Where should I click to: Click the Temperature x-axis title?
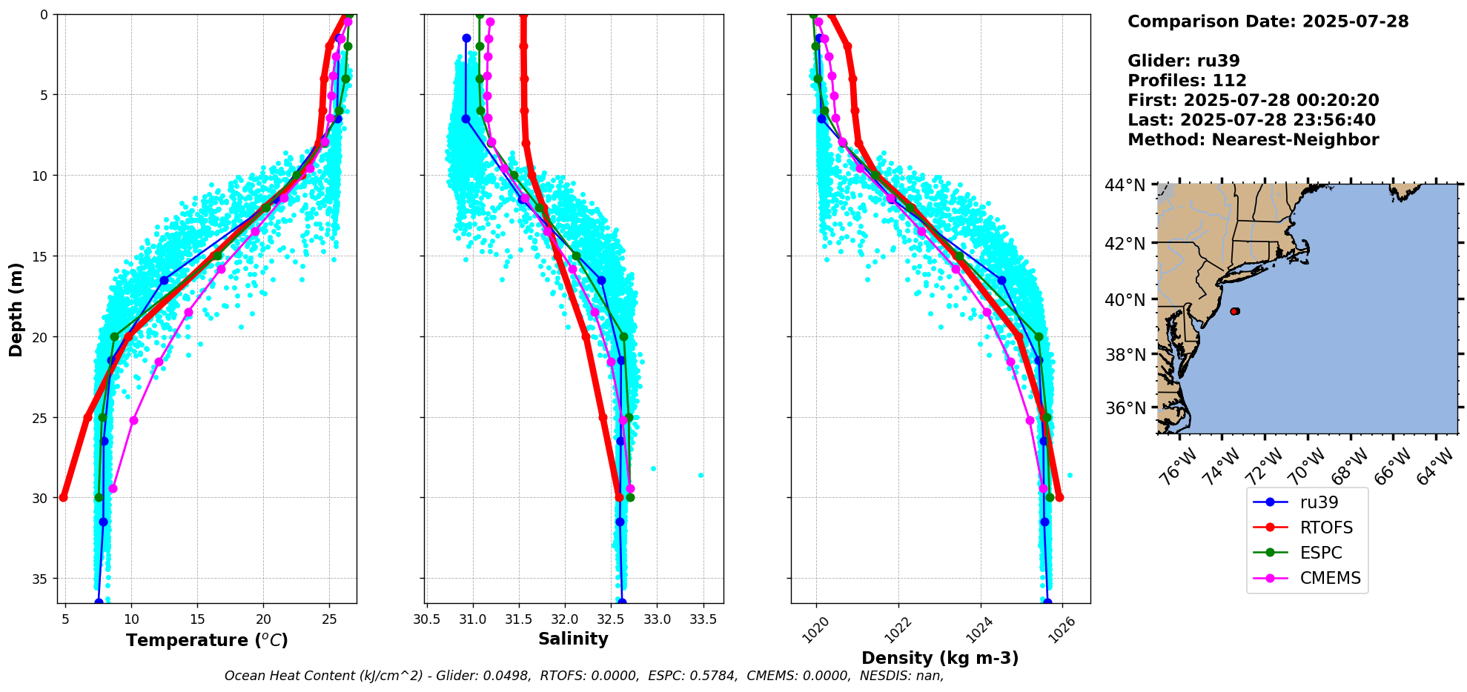(x=207, y=640)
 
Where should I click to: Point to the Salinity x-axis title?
(x=573, y=639)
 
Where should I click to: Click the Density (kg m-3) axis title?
(x=940, y=658)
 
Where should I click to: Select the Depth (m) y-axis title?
(x=16, y=309)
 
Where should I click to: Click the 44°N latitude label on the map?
(x=1125, y=185)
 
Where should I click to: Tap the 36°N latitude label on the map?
(x=1125, y=408)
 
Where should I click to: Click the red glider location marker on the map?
(x=1234, y=311)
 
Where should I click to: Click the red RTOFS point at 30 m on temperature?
(x=64, y=497)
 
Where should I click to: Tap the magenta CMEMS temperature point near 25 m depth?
(x=133, y=420)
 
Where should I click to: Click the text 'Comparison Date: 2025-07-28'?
(x=1268, y=21)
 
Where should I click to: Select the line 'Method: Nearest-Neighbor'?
(x=1253, y=140)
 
